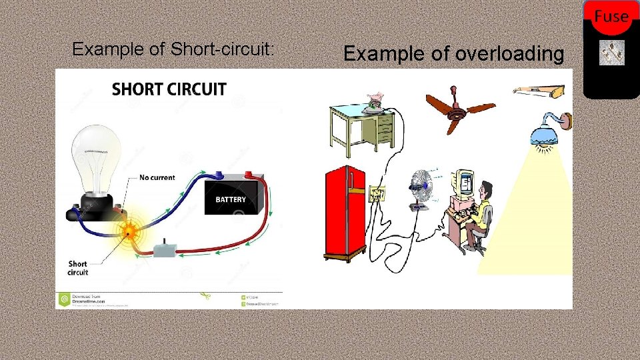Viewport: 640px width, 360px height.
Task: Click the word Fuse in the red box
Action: [x=611, y=16]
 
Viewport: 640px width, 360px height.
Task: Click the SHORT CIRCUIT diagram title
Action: [x=169, y=89]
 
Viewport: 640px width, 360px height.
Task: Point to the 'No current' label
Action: [x=157, y=178]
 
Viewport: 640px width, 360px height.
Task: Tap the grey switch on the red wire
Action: [x=164, y=250]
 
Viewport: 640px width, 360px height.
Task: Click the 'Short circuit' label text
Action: [x=78, y=268]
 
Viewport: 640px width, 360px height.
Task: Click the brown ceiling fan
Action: [x=460, y=111]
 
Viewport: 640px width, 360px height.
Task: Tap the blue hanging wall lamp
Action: [x=548, y=134]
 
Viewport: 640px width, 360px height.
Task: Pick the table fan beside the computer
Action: [x=420, y=187]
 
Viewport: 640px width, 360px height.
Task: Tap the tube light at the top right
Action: [x=542, y=89]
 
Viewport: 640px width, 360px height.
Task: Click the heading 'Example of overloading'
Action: [x=454, y=54]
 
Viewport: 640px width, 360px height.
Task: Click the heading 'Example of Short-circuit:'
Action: [x=173, y=49]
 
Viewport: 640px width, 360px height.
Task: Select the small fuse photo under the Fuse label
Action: [x=611, y=53]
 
